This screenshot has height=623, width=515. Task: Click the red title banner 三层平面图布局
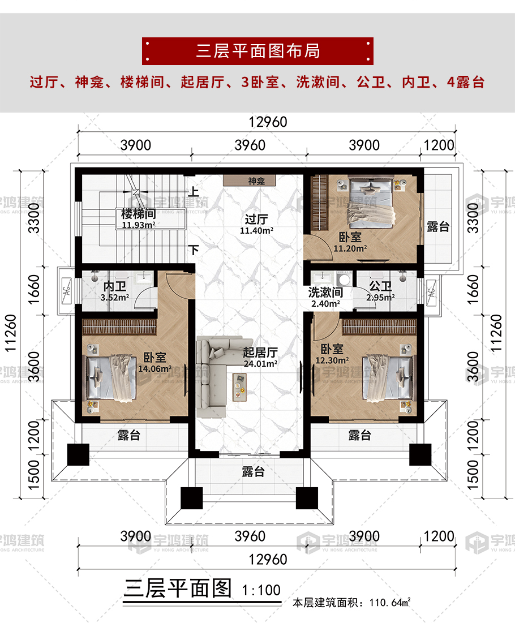coord(257,51)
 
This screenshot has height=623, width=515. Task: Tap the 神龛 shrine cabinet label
coord(256,181)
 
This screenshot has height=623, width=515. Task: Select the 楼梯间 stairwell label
coord(138,214)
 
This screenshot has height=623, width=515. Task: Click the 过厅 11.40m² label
coord(256,224)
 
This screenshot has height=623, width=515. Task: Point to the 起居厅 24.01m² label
coord(260,357)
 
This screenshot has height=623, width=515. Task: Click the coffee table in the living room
coord(239,387)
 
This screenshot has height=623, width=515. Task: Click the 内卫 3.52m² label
coord(115,291)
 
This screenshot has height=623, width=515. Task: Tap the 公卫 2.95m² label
coord(380,291)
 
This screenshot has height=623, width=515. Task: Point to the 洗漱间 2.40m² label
coord(325,298)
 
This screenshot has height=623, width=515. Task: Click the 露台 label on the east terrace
coord(438,227)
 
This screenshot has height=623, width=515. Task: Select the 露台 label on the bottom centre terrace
coord(253,471)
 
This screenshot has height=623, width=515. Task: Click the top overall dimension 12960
coord(268,122)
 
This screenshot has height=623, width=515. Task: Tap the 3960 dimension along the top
coord(250,145)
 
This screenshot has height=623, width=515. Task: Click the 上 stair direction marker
coord(194,191)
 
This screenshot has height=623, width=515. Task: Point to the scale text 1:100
coord(261,590)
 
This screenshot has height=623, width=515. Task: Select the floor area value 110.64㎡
coord(390,602)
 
